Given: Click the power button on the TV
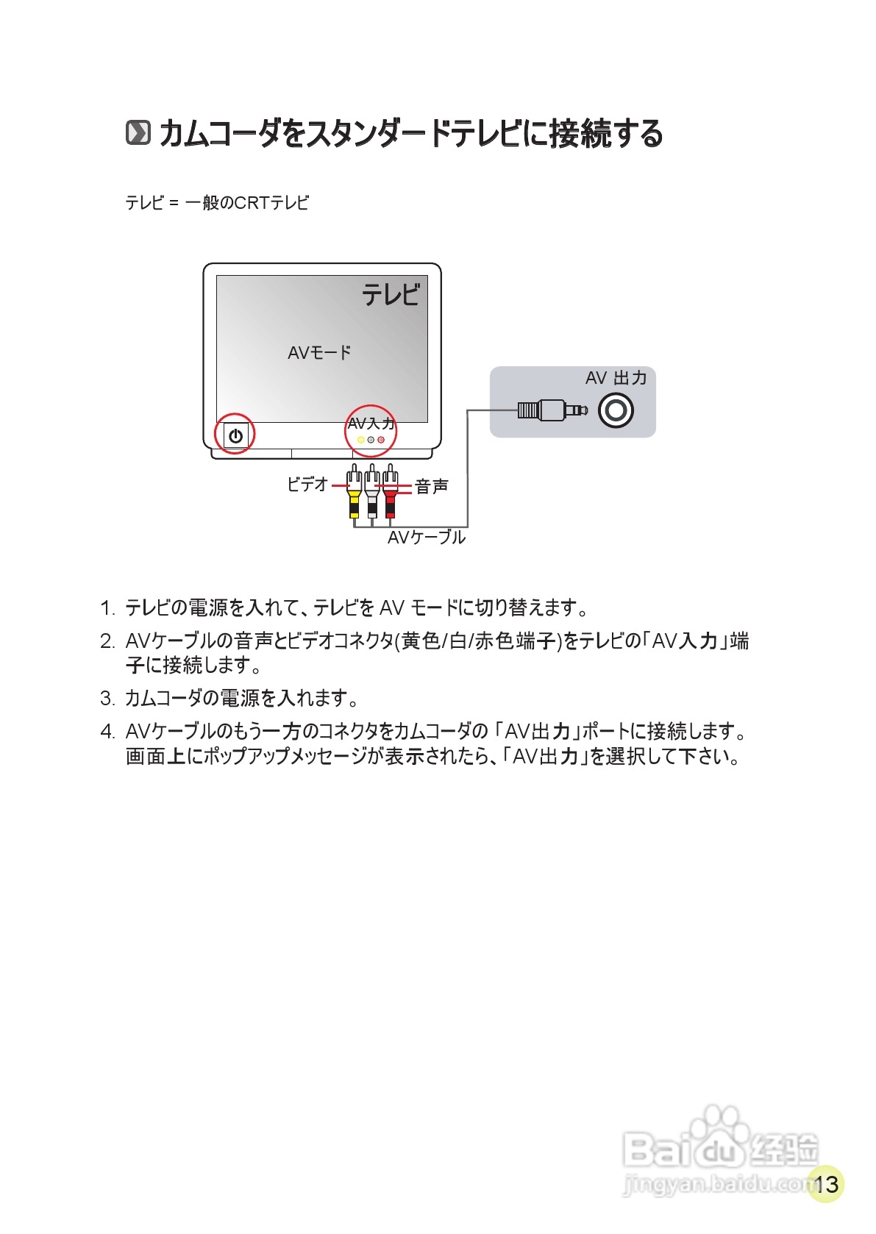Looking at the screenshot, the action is pyautogui.click(x=235, y=435).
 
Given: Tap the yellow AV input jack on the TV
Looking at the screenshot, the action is pyautogui.click(x=360, y=440).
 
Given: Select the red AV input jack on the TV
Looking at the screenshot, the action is pyautogui.click(x=381, y=440).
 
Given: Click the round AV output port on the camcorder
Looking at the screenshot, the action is pyautogui.click(x=616, y=410).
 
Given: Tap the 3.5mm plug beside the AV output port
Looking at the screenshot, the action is pyautogui.click(x=552, y=410).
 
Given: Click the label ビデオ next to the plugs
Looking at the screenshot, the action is pyautogui.click(x=307, y=484).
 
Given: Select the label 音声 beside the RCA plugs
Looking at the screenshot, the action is pyautogui.click(x=432, y=486).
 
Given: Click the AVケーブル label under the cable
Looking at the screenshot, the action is pyautogui.click(x=427, y=538).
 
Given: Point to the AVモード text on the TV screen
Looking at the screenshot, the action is pyautogui.click(x=319, y=353).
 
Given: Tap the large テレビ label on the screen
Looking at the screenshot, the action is pyautogui.click(x=391, y=295).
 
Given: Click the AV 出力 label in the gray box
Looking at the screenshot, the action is pyautogui.click(x=616, y=378).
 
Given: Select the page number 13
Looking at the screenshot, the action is pyautogui.click(x=826, y=1184).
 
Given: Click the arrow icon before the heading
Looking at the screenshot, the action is pyautogui.click(x=138, y=133).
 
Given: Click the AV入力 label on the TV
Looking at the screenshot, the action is pyautogui.click(x=371, y=424).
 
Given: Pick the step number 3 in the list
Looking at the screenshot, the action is pyautogui.click(x=107, y=698).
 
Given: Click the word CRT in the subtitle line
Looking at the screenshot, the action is pyautogui.click(x=251, y=202).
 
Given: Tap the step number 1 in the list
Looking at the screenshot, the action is pyautogui.click(x=107, y=608).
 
